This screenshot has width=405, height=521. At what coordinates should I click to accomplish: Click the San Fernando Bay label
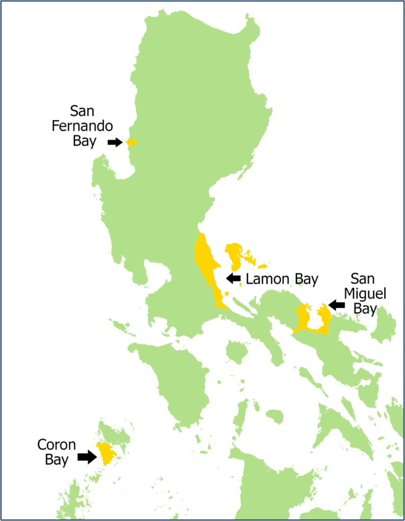[x=82, y=126]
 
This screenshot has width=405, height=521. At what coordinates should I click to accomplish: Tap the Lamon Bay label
[x=281, y=279]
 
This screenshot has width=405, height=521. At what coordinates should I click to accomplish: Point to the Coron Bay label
[x=56, y=452]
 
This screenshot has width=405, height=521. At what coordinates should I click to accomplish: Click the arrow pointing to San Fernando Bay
[x=115, y=142]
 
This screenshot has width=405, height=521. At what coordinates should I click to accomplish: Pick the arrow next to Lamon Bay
[x=234, y=278]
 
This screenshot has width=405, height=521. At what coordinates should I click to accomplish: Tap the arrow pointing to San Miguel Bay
[x=336, y=305]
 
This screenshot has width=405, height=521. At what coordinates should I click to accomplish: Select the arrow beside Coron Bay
[x=86, y=456]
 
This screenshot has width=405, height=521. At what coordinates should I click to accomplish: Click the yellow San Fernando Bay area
[x=132, y=142]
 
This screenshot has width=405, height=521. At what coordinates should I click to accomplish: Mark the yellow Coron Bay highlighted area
[x=106, y=453]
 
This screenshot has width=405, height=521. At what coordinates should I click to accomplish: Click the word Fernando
[x=82, y=126]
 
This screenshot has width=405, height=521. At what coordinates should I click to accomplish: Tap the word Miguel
[x=365, y=294]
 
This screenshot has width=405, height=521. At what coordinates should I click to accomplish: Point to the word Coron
[x=56, y=445]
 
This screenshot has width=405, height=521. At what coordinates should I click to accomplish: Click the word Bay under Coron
[x=56, y=460]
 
